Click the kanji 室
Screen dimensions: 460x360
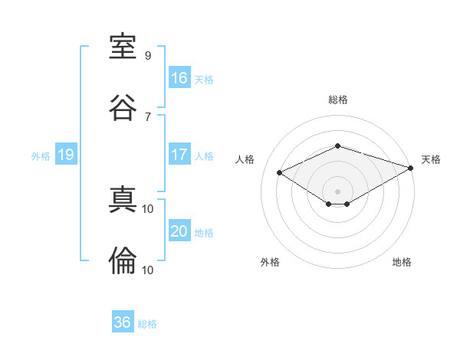pyautogui.click(x=123, y=46)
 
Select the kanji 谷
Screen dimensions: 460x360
pyautogui.click(x=123, y=107)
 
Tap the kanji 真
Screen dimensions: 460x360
pyautogui.click(x=123, y=199)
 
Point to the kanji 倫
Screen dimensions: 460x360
pyautogui.click(x=123, y=260)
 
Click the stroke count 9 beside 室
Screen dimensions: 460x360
pyautogui.click(x=148, y=55)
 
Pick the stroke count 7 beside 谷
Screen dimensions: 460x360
pyautogui.click(x=148, y=117)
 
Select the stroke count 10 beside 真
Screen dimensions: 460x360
pyautogui.click(x=147, y=209)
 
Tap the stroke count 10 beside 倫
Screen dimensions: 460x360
pyautogui.click(x=147, y=270)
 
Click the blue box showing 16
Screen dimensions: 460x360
pyautogui.click(x=179, y=77)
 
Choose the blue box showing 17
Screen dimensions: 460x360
pyautogui.click(x=179, y=154)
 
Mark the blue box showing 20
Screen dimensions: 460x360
pyautogui.click(x=179, y=230)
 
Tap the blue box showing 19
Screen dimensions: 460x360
pyautogui.click(x=66, y=154)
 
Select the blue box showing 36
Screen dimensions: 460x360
pyautogui.click(x=123, y=321)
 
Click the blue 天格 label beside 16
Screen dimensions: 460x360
pyautogui.click(x=204, y=80)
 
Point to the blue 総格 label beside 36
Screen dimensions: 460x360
pyautogui.click(x=147, y=324)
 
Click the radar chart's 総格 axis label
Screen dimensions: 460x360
pyautogui.click(x=338, y=100)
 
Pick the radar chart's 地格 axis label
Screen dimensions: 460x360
pyautogui.click(x=402, y=262)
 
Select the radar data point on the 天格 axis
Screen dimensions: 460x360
pyautogui.click(x=411, y=168)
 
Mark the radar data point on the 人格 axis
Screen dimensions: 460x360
pyautogui.click(x=280, y=172)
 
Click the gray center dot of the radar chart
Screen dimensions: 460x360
pyautogui.click(x=337, y=191)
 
